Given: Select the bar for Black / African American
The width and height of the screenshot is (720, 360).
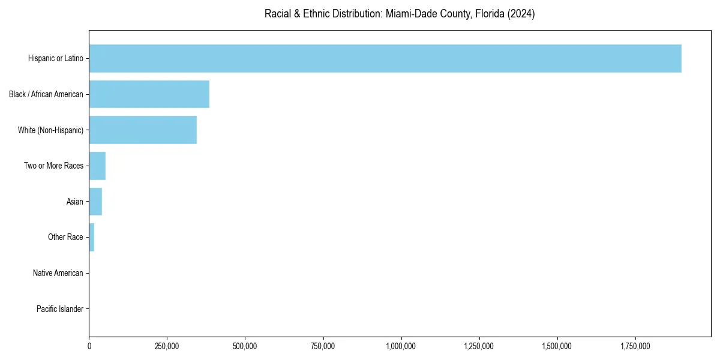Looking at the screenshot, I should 149,94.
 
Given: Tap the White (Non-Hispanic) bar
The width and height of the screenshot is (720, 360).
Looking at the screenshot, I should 143,130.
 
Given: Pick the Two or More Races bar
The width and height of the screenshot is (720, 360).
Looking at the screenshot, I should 97,166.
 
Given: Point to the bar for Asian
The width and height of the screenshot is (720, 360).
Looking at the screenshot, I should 95,202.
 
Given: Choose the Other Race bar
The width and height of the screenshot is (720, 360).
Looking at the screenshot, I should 92,237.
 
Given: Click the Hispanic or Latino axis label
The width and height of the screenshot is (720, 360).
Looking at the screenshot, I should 55,58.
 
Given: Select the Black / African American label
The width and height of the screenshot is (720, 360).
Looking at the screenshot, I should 46,94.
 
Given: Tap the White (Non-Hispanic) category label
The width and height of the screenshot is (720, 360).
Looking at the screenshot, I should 50,130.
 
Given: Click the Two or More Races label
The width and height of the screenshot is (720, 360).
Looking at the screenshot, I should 53,166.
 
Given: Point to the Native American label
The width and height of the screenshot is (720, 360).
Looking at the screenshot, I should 58,273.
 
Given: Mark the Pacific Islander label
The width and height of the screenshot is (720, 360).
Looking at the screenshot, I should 59,309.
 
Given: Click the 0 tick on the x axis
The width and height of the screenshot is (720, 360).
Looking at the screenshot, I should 89,346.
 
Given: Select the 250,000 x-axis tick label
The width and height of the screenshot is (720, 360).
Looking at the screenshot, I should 167,346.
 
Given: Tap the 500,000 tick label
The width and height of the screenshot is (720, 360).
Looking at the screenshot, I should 245,346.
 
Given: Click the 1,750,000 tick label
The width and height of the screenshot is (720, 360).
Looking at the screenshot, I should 635,346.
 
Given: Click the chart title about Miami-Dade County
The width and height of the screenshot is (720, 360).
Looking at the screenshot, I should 400,13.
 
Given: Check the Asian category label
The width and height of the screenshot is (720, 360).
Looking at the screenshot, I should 75,202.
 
